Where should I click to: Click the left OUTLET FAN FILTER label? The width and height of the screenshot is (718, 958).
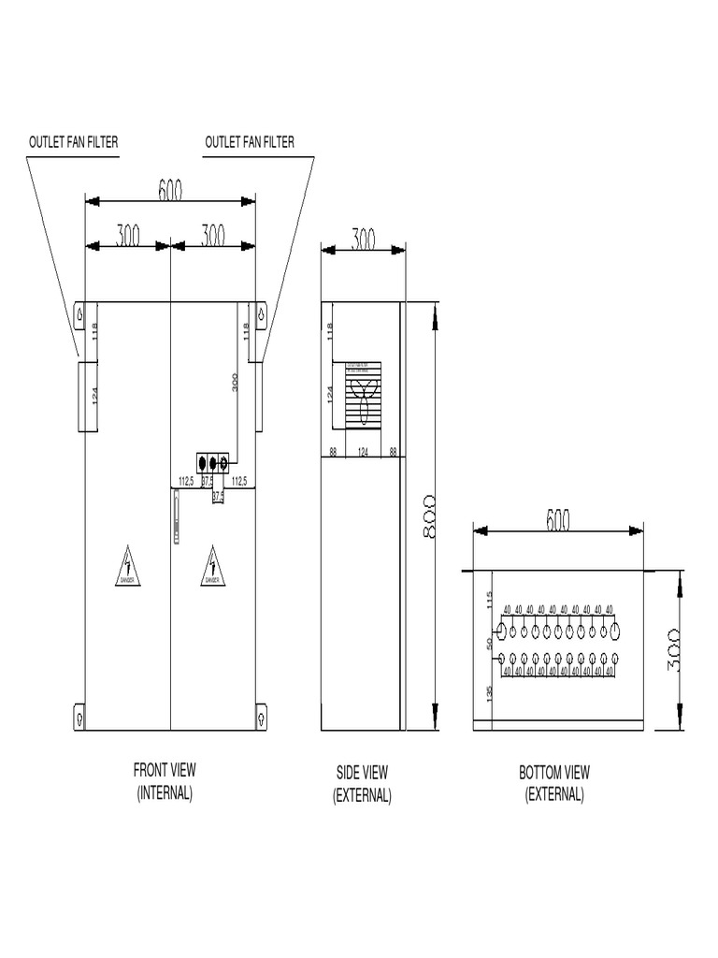[x=74, y=142]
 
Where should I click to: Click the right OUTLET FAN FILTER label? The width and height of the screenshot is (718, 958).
[x=249, y=142]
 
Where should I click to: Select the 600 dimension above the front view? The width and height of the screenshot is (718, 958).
[x=170, y=190]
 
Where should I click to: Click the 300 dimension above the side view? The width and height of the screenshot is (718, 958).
[x=363, y=239]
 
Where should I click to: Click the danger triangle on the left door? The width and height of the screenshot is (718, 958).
[x=128, y=568]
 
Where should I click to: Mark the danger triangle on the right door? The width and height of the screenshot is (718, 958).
[x=213, y=568]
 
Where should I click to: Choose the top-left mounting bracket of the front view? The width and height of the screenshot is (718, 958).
[x=79, y=315]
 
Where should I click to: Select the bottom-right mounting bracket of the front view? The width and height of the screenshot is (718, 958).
[x=261, y=717]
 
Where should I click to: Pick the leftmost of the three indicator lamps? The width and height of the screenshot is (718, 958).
[x=203, y=462]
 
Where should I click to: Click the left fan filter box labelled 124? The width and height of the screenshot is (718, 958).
[x=86, y=396]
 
